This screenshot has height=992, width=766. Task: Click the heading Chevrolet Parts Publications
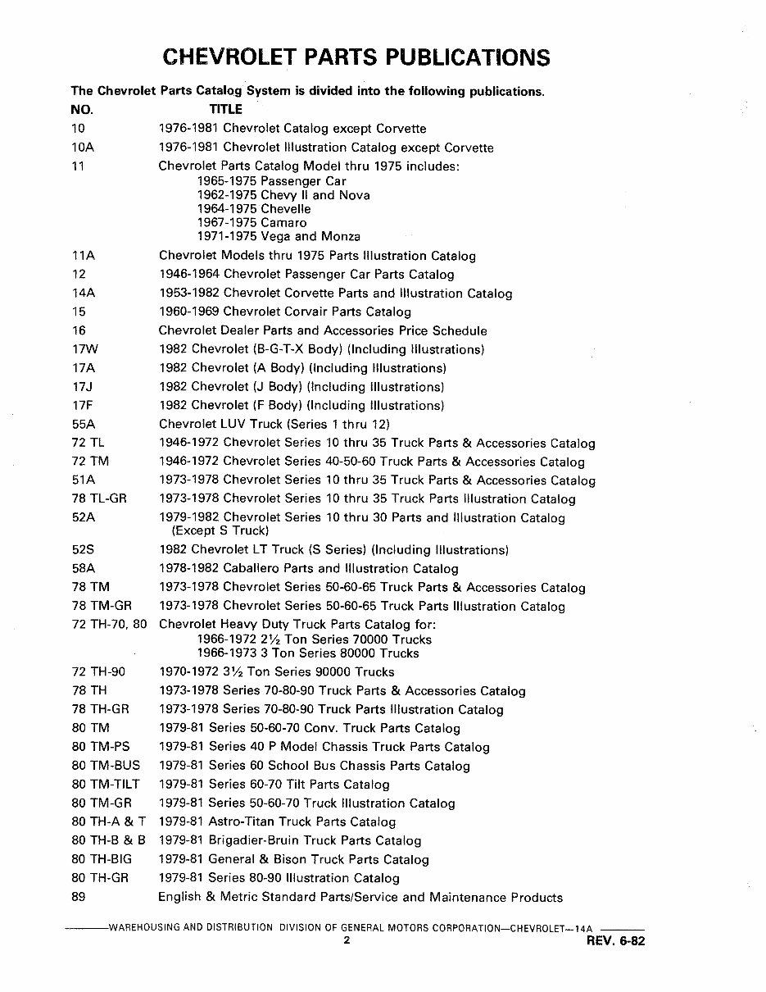[356, 57]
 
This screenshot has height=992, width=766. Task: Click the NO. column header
[82, 109]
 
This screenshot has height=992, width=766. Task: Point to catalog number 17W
[85, 349]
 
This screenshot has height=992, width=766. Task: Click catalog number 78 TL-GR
[99, 498]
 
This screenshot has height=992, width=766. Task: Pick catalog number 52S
[84, 550]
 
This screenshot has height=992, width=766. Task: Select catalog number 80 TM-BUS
[106, 766]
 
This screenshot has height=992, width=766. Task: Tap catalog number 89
[79, 897]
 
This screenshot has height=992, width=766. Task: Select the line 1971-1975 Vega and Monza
[279, 236]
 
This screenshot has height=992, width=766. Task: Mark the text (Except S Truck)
[220, 531]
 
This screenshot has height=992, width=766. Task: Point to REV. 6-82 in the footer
[616, 942]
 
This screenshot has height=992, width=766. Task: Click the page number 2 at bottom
[347, 941]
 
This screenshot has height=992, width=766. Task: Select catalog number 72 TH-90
[98, 671]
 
